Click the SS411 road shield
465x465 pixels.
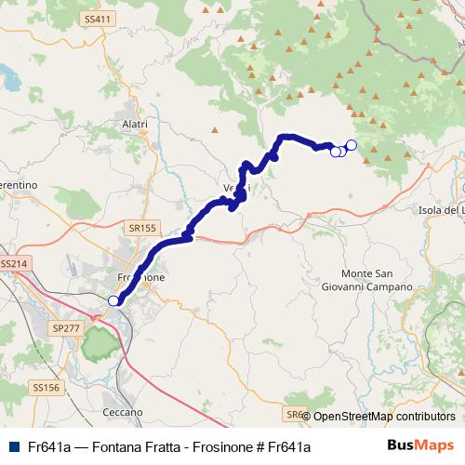[x=96, y=19]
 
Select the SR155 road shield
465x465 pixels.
[x=142, y=227]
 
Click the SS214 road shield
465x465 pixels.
[x=14, y=264]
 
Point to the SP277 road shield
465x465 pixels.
[x=67, y=328]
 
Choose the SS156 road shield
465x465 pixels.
[x=45, y=387]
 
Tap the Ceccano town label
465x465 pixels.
[x=123, y=411]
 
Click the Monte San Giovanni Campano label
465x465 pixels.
[x=377, y=280]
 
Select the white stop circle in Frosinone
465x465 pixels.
[x=113, y=299]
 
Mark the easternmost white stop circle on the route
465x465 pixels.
[x=351, y=144]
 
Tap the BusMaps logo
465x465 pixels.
[x=420, y=445]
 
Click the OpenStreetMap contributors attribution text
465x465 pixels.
[x=384, y=417]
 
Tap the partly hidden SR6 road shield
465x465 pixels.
[x=294, y=415]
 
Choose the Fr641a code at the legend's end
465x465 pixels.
[x=287, y=446]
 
